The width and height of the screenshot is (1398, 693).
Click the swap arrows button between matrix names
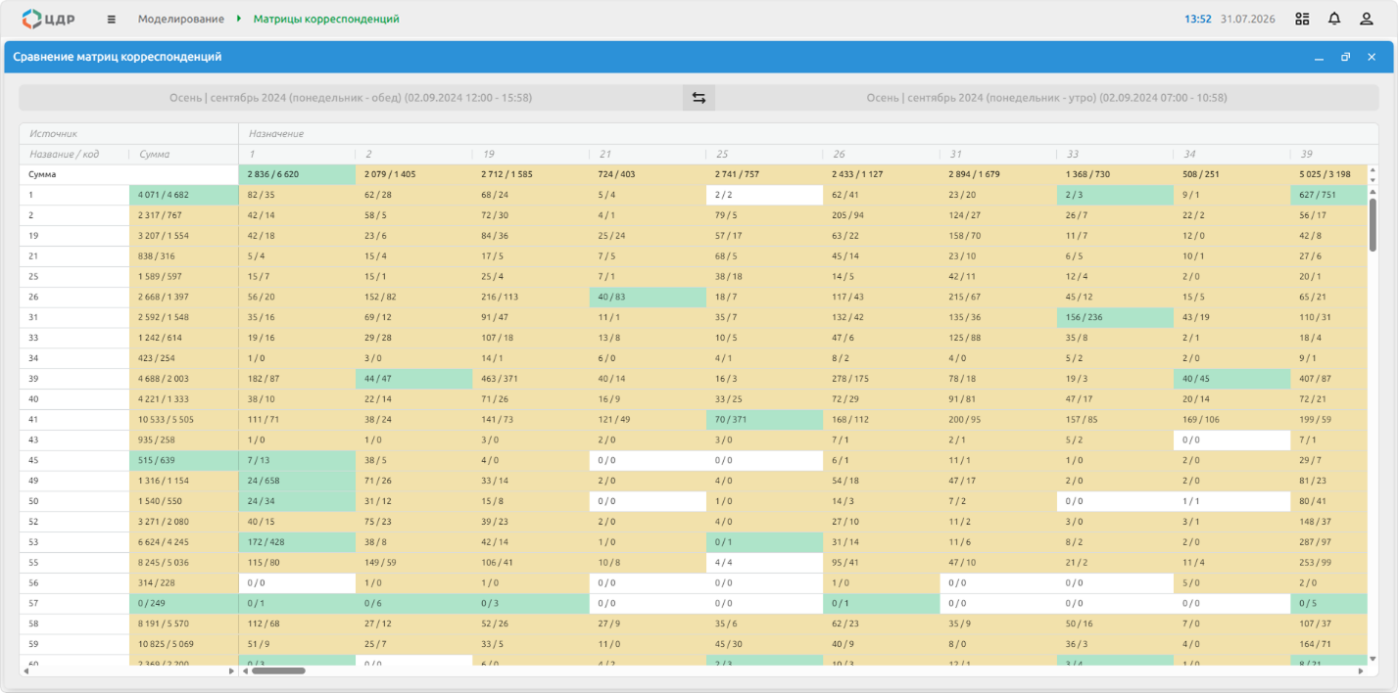[x=699, y=98]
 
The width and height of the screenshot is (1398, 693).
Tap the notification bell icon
[x=1333, y=19]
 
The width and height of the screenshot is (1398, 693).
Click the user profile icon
[x=1367, y=19]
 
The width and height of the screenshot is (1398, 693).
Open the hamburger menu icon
[x=111, y=20]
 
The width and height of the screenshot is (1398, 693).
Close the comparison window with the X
[x=1372, y=57]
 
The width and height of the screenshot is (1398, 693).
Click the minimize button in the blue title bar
[x=1319, y=58]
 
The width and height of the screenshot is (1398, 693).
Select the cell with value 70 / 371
[x=764, y=419]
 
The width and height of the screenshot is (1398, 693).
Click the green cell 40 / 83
[x=648, y=297]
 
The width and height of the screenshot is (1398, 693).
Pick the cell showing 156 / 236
[x=1115, y=317]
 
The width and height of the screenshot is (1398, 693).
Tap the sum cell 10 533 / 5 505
[x=183, y=419]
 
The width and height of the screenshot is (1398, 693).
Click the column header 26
[x=839, y=154]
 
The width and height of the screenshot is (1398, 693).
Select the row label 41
[x=33, y=419]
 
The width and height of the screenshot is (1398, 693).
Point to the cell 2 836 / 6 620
[x=297, y=174]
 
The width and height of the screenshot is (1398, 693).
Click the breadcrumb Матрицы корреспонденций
[x=326, y=19]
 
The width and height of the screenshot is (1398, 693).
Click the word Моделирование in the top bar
[x=181, y=19]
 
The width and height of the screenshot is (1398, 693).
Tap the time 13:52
[x=1198, y=19]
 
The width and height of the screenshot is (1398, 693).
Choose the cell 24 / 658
[x=297, y=481]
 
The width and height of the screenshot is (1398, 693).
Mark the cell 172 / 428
[x=297, y=541]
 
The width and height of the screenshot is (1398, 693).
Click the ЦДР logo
[x=48, y=19]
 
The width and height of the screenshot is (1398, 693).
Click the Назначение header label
[x=276, y=133]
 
